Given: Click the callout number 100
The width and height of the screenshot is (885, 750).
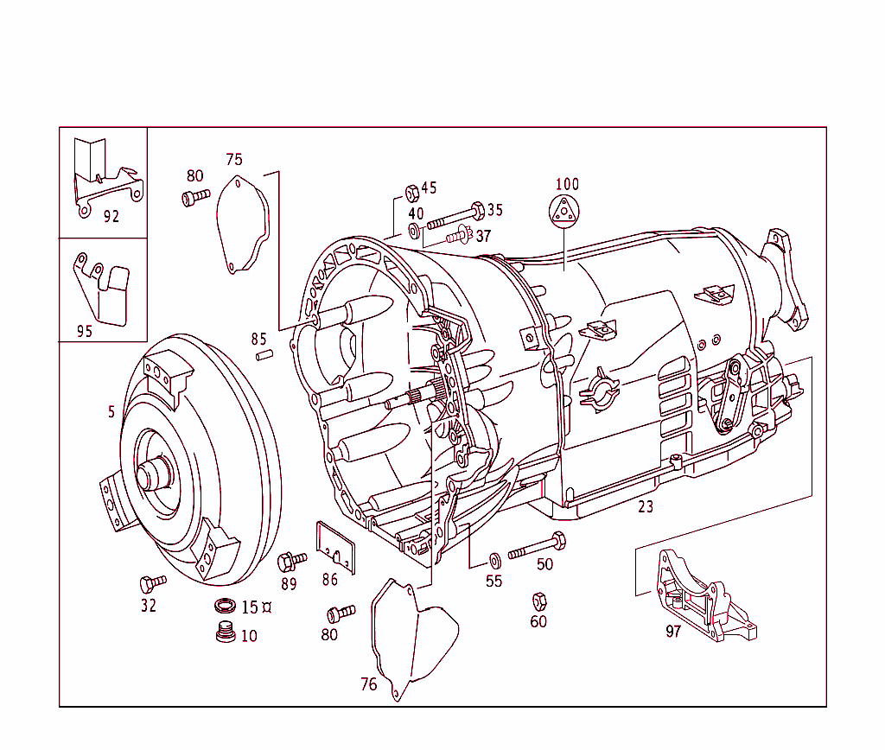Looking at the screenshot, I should [567, 184].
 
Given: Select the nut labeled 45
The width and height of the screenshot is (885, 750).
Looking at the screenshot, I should [412, 191].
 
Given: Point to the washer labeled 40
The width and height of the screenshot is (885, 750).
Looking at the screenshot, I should [415, 230].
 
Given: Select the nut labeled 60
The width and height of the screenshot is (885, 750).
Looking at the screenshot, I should [538, 601].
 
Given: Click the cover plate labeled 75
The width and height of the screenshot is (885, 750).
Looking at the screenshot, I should [242, 223].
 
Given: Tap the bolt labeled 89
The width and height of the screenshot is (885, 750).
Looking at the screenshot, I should [290, 562].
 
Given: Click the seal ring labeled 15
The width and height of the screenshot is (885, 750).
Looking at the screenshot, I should [226, 605].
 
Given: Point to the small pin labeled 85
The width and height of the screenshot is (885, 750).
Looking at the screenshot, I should [263, 354].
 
